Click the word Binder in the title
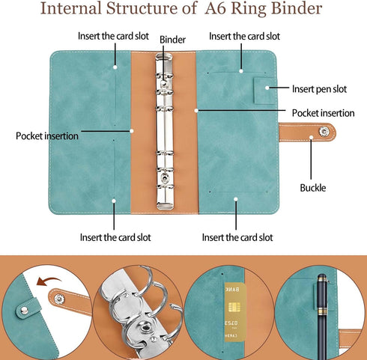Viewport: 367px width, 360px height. tap(297, 8)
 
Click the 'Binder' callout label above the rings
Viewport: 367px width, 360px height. tap(172, 40)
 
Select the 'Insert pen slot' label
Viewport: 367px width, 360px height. tap(319, 89)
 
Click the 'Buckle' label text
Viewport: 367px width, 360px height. tap(313, 188)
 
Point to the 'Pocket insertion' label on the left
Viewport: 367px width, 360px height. tap(47, 136)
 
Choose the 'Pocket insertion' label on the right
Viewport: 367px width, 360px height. tap(324, 113)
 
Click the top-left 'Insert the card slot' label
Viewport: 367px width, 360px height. tap(113, 36)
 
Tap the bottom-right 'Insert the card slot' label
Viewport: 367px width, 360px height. tap(237, 237)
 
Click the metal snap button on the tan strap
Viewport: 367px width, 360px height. tap(324, 132)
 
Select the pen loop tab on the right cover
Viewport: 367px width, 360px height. tap(265, 91)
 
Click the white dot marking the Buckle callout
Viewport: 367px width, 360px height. tap(312, 138)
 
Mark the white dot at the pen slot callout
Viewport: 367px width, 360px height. tap(267, 88)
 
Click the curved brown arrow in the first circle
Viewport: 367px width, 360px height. tap(47, 281)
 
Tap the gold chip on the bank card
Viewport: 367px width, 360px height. tap(234, 308)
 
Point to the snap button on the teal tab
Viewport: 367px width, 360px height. tap(24, 310)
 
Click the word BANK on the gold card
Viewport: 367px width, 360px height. tap(232, 290)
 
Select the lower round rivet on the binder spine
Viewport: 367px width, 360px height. tap(165, 177)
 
